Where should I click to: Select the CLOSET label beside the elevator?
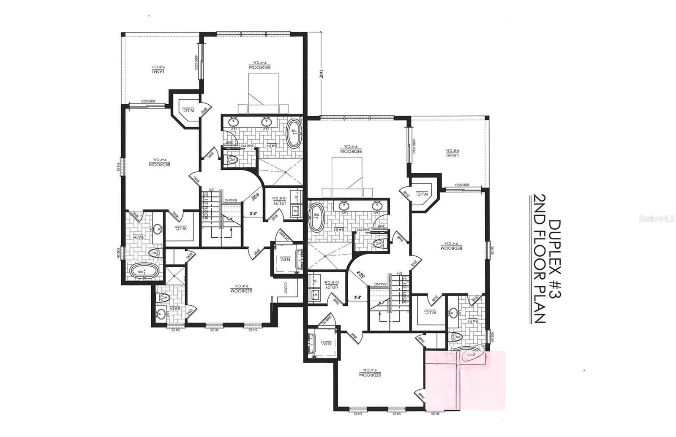[x=285, y=289]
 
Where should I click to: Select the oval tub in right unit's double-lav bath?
[x=316, y=217]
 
